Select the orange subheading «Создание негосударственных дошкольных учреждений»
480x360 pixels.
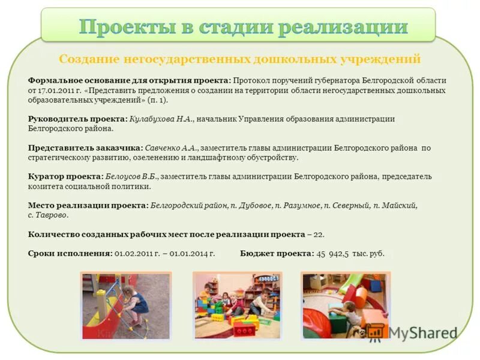click(x=239, y=59)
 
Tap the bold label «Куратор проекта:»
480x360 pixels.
click(x=65, y=176)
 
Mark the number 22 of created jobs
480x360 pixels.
click(x=319, y=234)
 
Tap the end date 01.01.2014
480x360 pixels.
click(x=193, y=254)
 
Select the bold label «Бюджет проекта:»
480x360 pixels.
click(x=277, y=254)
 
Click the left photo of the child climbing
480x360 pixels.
click(x=126, y=305)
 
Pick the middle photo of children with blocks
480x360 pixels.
click(x=238, y=305)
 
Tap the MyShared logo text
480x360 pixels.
click(x=422, y=333)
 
